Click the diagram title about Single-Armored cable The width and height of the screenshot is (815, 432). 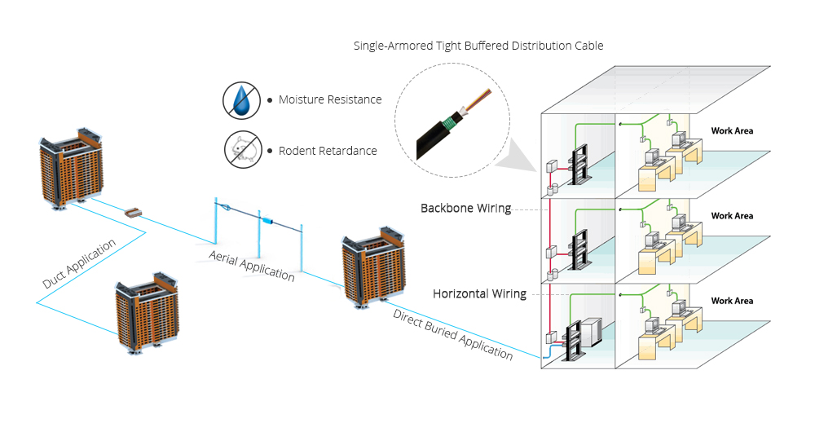coord(478,46)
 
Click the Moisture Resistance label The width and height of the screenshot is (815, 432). coord(330,99)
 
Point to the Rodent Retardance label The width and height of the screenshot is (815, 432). coord(328,151)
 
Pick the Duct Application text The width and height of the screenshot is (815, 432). coord(79,263)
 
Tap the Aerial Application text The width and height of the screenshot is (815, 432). coord(252,266)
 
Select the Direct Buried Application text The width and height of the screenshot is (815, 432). coord(453,334)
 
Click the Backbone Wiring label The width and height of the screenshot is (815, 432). coord(465,208)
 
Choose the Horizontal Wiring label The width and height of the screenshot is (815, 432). coord(479,293)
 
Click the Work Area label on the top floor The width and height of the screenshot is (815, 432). coord(732,130)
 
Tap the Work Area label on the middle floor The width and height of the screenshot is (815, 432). coord(732,216)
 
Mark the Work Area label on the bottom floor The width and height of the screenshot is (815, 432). coord(732,301)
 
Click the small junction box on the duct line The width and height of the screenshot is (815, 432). coord(134,213)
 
